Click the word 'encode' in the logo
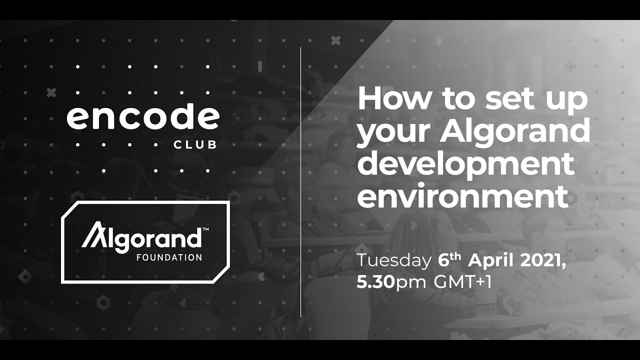tap(143, 117)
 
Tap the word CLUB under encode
tap(195, 145)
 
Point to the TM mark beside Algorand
tap(205, 229)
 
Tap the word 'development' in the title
tap(465, 163)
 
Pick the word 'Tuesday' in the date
tap(393, 261)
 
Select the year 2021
tap(542, 261)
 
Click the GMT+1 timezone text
tap(463, 282)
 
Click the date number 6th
tap(449, 260)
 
